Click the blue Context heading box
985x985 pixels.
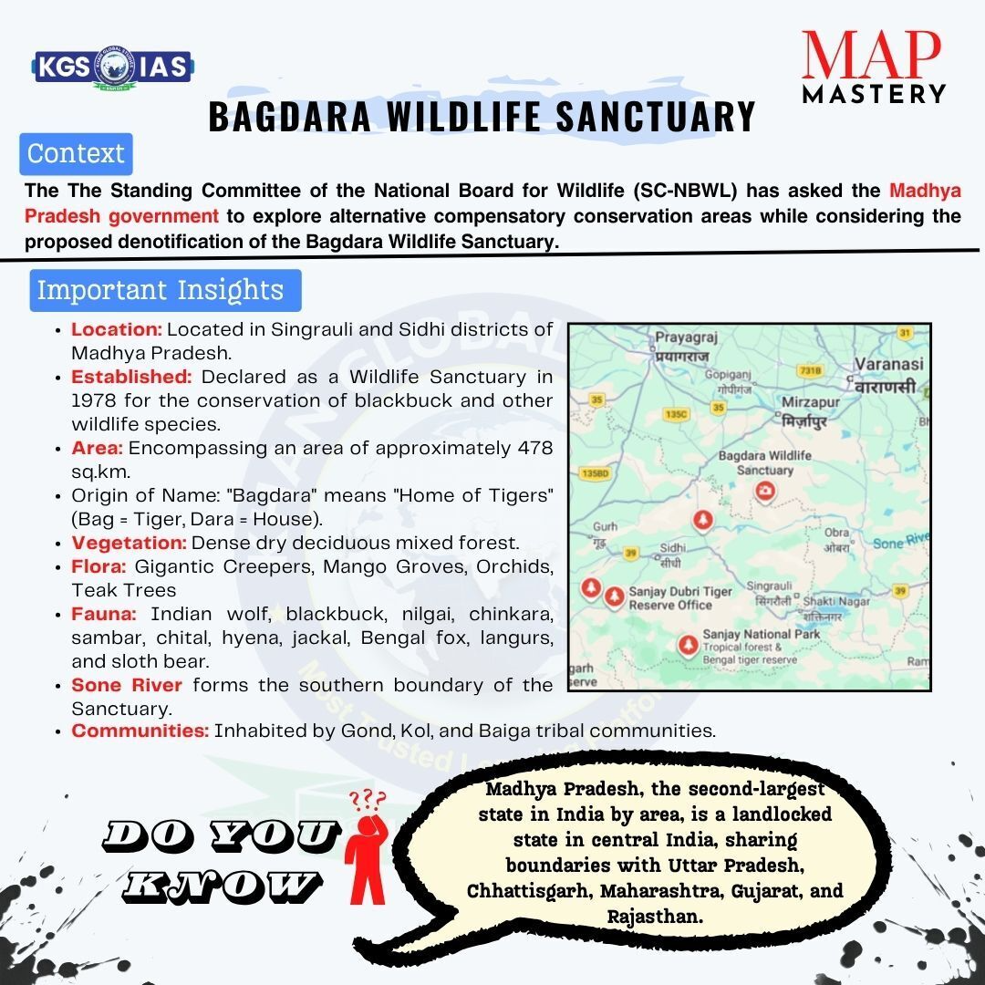point(76,154)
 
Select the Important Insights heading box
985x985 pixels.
point(165,290)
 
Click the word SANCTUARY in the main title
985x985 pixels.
point(655,116)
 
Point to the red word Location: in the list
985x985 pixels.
point(117,329)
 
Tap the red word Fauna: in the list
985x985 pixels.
point(104,614)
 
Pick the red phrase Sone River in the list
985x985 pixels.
point(127,685)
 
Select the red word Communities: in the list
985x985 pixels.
point(140,731)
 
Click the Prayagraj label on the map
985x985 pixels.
point(686,337)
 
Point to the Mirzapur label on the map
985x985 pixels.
point(811,402)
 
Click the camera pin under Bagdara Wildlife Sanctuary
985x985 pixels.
point(764,491)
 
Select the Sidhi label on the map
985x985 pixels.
point(672,548)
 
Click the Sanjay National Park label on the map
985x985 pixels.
point(762,634)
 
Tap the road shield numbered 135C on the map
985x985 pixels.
point(677,414)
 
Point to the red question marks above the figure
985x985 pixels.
point(368,801)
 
